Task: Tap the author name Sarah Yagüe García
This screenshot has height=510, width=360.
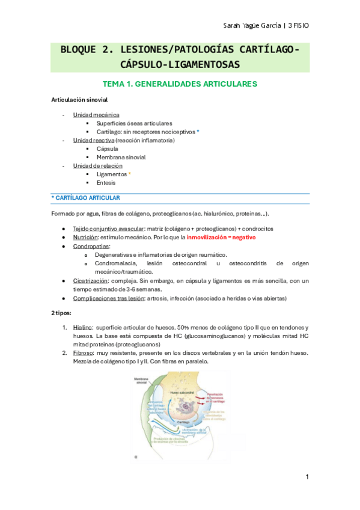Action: point(248,25)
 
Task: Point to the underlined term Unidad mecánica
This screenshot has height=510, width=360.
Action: point(96,114)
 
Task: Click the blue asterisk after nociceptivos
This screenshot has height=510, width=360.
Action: point(198,131)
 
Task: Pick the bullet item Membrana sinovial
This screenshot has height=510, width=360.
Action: point(121,157)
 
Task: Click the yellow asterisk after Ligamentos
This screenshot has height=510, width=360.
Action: point(129,174)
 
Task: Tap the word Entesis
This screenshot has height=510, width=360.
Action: point(107,182)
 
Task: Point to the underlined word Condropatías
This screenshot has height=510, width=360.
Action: point(91,247)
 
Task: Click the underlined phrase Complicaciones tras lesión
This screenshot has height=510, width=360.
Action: point(110,298)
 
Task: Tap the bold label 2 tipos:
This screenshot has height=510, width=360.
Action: point(62,313)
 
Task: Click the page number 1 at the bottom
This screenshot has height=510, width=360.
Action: point(307,477)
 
